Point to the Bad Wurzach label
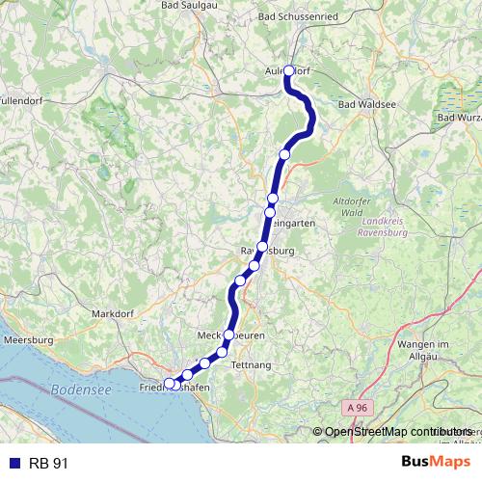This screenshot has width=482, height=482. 459,118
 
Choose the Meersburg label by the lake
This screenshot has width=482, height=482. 29,339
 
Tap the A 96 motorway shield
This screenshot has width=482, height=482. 358,409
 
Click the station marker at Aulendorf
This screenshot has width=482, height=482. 288,69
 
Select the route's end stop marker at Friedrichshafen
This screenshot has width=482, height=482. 170,384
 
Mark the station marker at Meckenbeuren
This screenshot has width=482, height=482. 229,335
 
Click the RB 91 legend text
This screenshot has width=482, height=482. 48,464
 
